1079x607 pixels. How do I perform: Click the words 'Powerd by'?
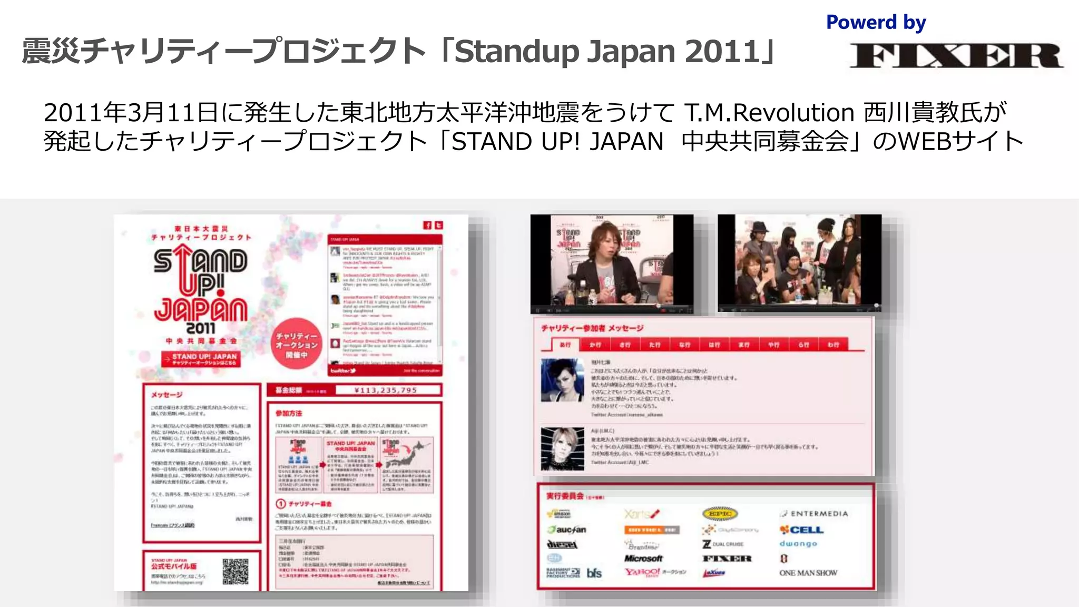point(876,23)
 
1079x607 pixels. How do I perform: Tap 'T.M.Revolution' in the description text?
point(769,113)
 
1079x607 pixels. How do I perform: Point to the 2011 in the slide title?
point(721,52)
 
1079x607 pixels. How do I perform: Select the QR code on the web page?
point(235,571)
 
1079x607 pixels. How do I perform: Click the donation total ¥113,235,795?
point(386,390)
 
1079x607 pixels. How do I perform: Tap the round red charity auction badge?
point(296,345)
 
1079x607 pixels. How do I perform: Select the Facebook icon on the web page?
point(427,226)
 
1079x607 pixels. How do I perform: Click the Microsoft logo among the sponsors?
point(643,559)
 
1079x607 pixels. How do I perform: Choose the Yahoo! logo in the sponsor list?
point(642,572)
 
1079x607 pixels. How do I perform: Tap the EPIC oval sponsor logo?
point(720,514)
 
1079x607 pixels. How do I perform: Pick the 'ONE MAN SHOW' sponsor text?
point(808,573)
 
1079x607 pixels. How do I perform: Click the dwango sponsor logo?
point(798,544)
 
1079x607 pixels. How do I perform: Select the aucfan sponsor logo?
point(567,530)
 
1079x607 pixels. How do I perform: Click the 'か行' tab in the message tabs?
point(595,345)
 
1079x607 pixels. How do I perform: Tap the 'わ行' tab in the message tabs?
point(833,345)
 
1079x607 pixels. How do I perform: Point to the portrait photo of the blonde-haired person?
point(562,448)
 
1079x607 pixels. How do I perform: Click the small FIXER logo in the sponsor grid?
point(727,559)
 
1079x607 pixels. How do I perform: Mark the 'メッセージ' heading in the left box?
point(166,395)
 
